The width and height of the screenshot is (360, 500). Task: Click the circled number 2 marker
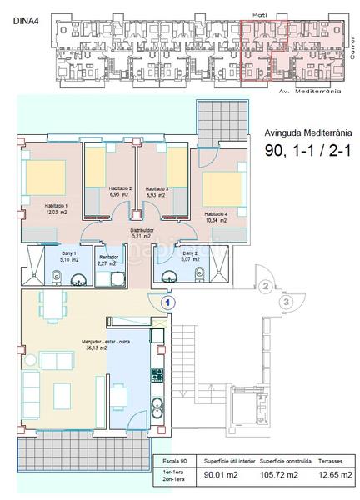click(x=264, y=287)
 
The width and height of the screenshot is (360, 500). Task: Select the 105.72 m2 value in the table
click(x=281, y=477)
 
